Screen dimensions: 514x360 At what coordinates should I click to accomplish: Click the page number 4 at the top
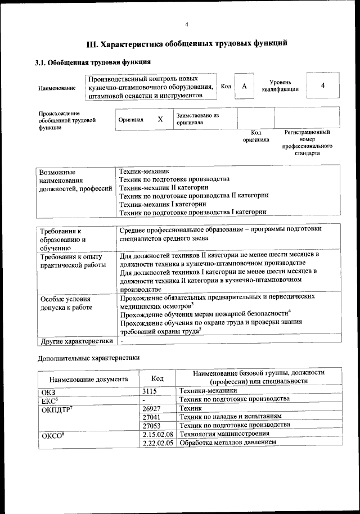(x=187, y=24)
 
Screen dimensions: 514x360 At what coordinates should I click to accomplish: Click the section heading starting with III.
(x=187, y=43)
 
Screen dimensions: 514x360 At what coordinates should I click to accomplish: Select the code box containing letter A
(x=244, y=86)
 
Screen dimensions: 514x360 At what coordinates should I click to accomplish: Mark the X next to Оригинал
(x=160, y=119)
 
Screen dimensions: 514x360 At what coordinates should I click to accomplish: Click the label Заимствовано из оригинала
(x=197, y=119)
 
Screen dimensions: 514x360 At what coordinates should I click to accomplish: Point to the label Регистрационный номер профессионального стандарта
(x=307, y=142)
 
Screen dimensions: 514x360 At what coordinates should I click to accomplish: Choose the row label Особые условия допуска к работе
(x=65, y=303)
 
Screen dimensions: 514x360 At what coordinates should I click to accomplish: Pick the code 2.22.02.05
(x=157, y=443)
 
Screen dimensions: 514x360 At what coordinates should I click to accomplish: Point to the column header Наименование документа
(x=88, y=379)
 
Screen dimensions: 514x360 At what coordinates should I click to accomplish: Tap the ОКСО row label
(x=54, y=435)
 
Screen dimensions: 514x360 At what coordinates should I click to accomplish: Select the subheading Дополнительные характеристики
(x=88, y=358)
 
